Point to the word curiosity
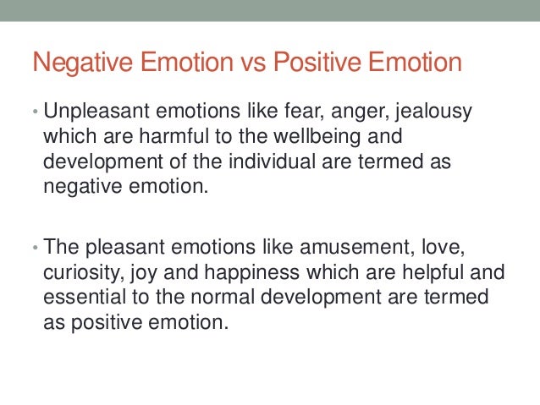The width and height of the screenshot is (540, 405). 79,273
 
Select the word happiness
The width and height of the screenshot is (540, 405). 238,273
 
